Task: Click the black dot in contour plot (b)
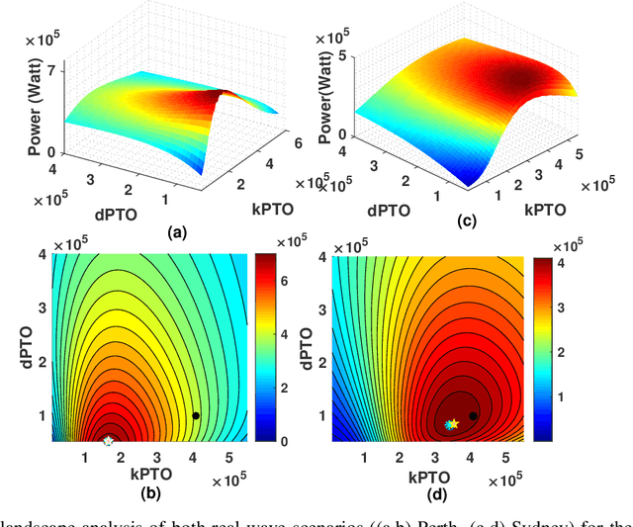point(196,416)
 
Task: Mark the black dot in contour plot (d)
point(474,416)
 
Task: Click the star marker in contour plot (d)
point(451,424)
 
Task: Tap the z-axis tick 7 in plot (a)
point(45,69)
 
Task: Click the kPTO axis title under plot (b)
point(153,475)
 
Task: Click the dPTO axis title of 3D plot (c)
point(365,210)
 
